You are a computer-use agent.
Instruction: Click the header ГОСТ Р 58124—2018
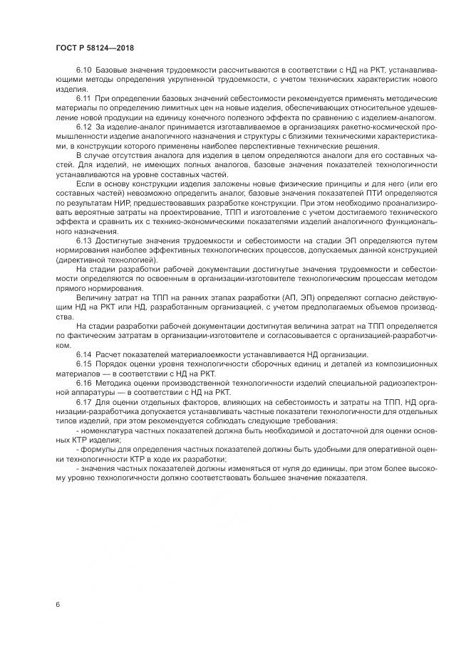click(94, 48)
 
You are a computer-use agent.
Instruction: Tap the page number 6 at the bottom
click(57, 604)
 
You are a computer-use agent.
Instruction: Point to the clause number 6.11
click(84, 100)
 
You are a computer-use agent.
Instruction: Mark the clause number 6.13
click(84, 240)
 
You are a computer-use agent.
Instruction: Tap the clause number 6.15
click(84, 364)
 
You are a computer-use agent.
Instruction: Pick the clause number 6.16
click(84, 381)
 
